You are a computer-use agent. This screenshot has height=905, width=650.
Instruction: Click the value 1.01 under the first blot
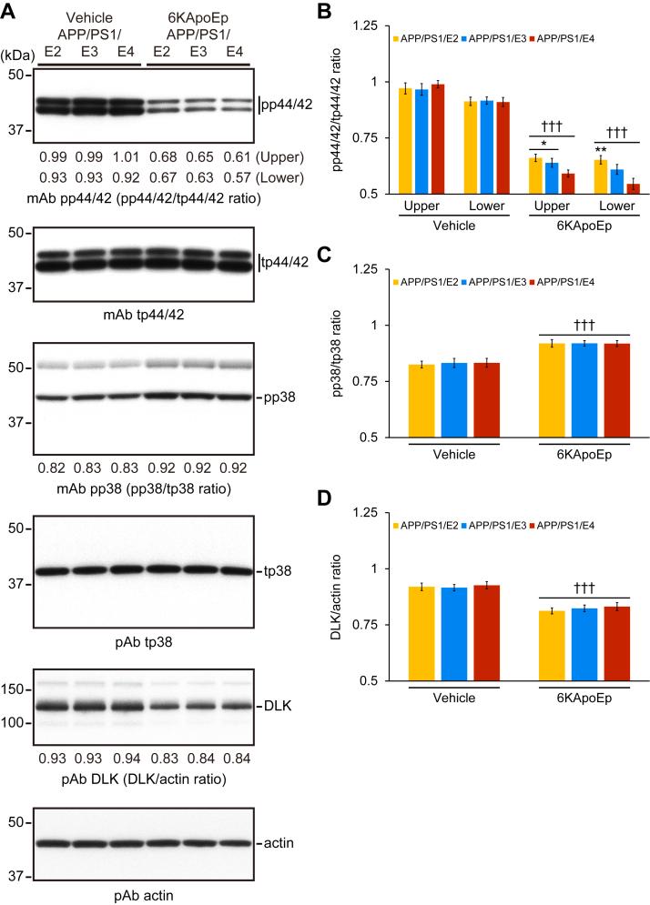tap(127, 156)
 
